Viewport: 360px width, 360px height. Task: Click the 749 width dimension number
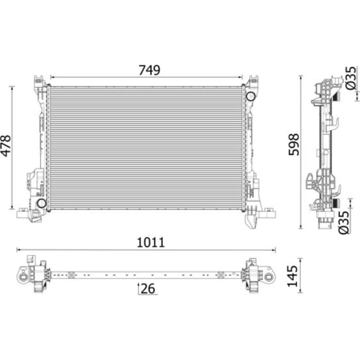click(x=149, y=70)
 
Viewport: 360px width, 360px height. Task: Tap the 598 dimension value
click(x=294, y=144)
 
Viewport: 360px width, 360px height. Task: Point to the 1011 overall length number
click(x=151, y=242)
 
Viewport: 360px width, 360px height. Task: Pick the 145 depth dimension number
click(x=292, y=276)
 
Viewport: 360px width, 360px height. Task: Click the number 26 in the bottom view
click(x=148, y=289)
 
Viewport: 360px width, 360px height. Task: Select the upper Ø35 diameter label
click(x=351, y=78)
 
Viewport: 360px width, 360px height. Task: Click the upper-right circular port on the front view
click(x=250, y=96)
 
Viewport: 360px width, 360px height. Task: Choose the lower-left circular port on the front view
click(x=42, y=203)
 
